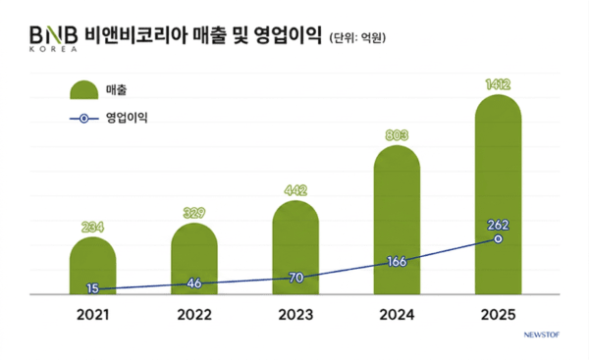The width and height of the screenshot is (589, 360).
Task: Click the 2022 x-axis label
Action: [194, 316]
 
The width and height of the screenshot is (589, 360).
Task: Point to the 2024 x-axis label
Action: [397, 316]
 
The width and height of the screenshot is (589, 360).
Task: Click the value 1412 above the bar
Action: [498, 85]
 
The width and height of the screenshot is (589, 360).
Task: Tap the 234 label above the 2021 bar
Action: [93, 228]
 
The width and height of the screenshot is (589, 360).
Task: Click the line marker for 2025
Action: [498, 239]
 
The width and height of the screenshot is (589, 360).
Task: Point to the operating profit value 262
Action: [498, 224]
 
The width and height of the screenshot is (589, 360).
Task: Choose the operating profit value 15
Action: [93, 287]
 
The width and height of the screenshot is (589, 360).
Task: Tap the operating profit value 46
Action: [194, 283]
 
